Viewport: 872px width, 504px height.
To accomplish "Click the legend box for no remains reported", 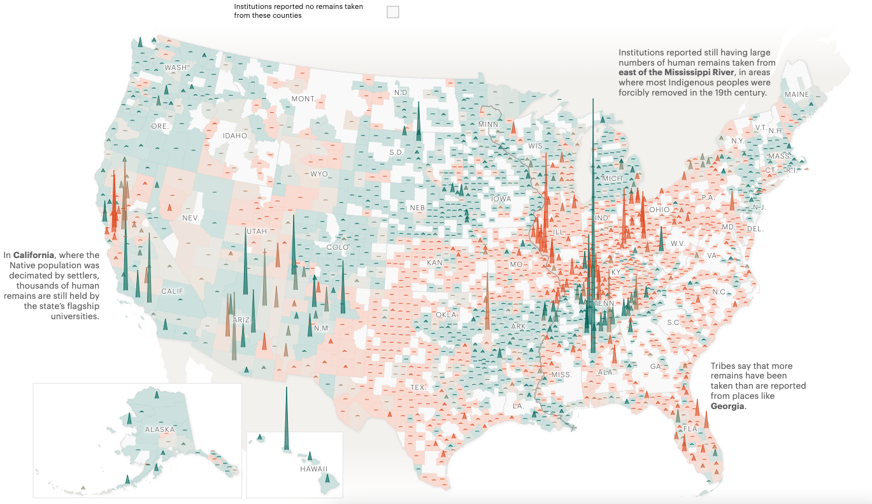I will [393, 11].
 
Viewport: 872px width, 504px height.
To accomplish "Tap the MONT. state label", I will [303, 99].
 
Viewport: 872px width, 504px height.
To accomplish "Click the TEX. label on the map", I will [418, 387].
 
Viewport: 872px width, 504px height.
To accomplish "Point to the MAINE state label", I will [796, 94].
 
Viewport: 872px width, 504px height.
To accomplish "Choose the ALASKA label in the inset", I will [159, 429].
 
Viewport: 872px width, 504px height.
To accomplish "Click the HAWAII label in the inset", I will [313, 469].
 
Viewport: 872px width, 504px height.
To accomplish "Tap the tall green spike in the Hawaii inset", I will [286, 421].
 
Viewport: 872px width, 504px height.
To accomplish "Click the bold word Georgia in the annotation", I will [727, 406].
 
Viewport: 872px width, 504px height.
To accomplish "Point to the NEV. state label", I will [191, 218].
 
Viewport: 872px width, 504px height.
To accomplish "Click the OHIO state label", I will [659, 209].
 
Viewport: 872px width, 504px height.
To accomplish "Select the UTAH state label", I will [256, 231].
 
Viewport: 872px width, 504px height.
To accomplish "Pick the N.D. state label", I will [401, 92].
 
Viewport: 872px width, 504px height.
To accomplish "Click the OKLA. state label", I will [447, 315].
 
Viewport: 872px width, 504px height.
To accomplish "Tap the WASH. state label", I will [176, 68].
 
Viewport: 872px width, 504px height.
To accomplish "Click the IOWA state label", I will [501, 199].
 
